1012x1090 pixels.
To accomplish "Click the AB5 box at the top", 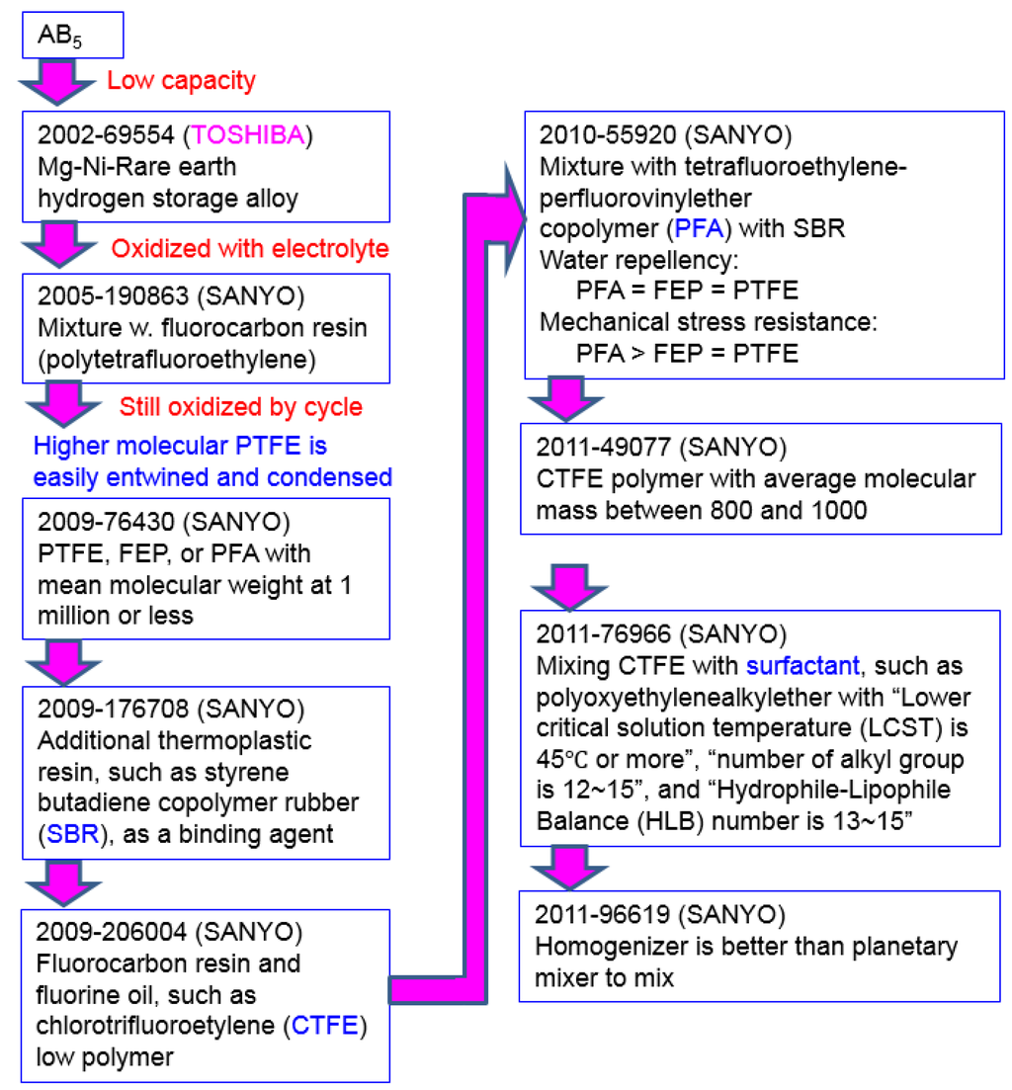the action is tap(71, 35).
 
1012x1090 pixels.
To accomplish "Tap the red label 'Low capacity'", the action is tap(181, 81).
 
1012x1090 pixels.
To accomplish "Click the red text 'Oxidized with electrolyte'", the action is tap(250, 249).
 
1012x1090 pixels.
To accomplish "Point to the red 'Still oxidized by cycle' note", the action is tap(241, 406).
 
